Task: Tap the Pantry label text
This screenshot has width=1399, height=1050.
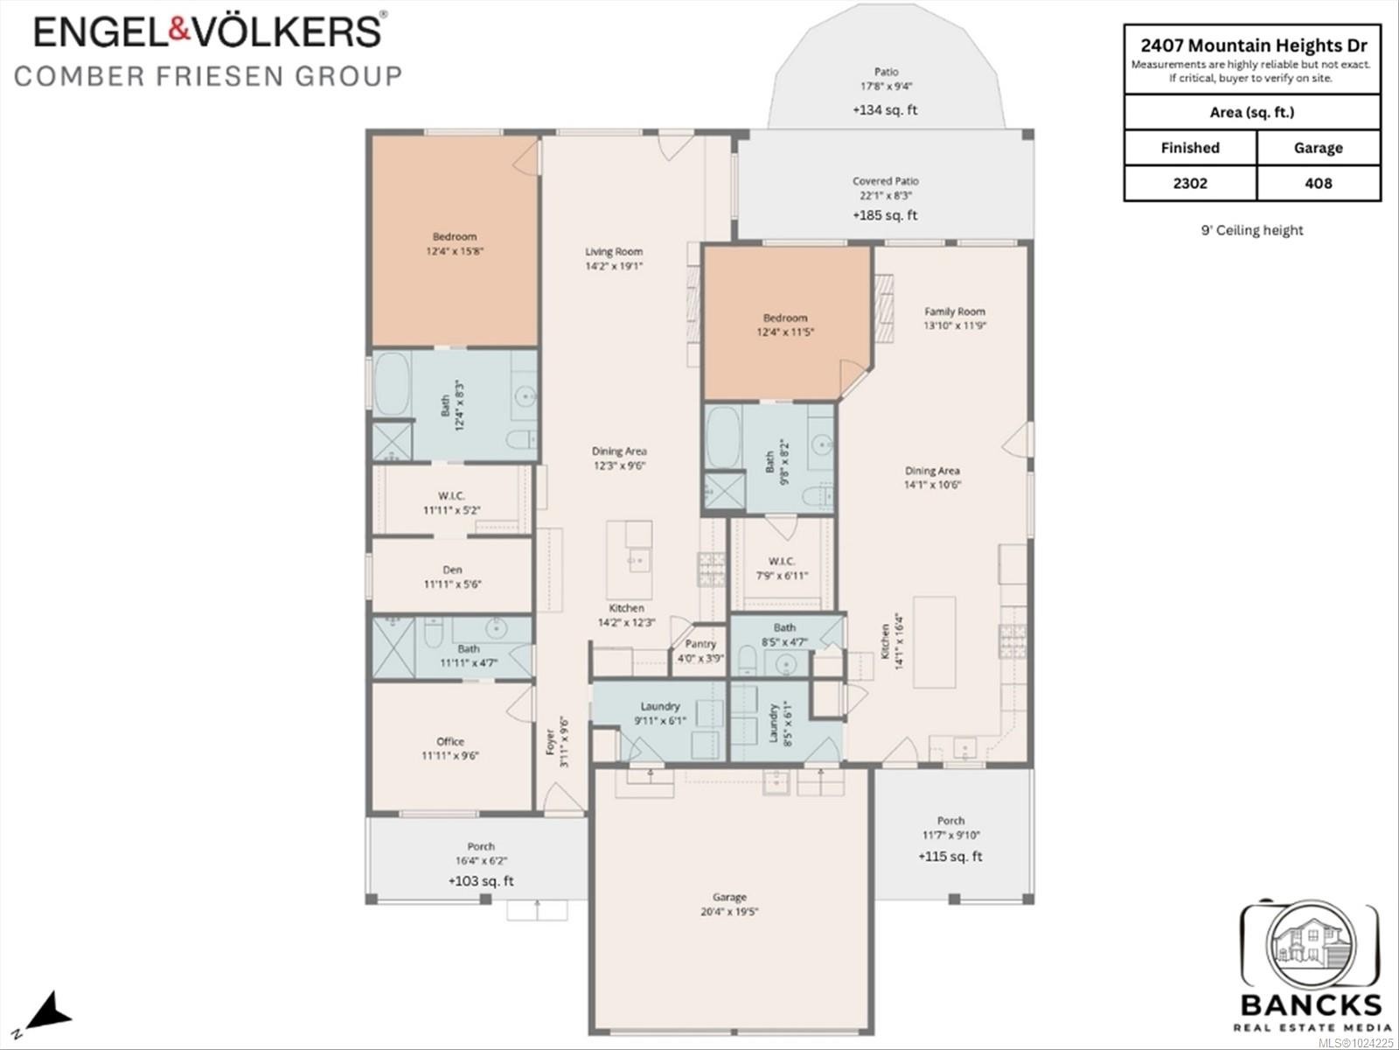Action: click(700, 643)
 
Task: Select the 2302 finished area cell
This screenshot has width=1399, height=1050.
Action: click(1190, 183)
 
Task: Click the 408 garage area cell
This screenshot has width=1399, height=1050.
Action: click(1318, 183)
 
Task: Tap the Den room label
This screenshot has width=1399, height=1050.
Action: click(452, 570)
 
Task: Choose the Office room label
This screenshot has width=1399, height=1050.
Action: click(450, 741)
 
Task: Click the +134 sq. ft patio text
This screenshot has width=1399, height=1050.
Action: click(886, 110)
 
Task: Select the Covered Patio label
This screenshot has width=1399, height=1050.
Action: click(886, 181)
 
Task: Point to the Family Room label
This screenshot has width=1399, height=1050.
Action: click(955, 311)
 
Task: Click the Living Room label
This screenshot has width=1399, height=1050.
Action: click(614, 252)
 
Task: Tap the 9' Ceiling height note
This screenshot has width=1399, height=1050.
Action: click(1252, 230)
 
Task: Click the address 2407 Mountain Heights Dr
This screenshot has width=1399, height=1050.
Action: click(1254, 45)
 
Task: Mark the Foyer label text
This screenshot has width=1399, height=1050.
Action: click(551, 742)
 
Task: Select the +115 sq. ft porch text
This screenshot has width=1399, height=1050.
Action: click(950, 857)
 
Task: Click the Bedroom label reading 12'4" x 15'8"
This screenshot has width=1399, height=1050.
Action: click(455, 243)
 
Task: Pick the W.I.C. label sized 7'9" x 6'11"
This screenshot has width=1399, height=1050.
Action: click(782, 568)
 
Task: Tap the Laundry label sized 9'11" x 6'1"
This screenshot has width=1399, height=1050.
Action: click(660, 713)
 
